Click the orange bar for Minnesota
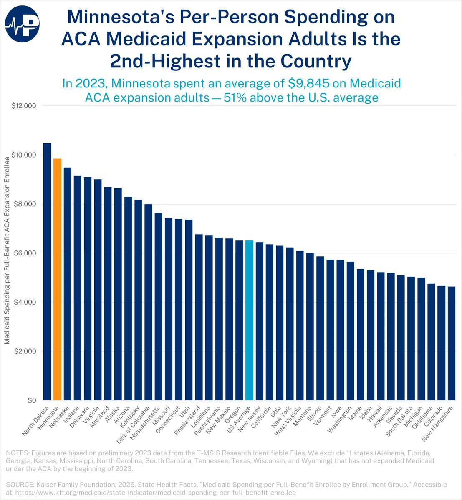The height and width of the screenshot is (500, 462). [x=57, y=279]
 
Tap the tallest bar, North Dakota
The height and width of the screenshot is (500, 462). [x=47, y=271]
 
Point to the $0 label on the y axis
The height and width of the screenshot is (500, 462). [x=31, y=400]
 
